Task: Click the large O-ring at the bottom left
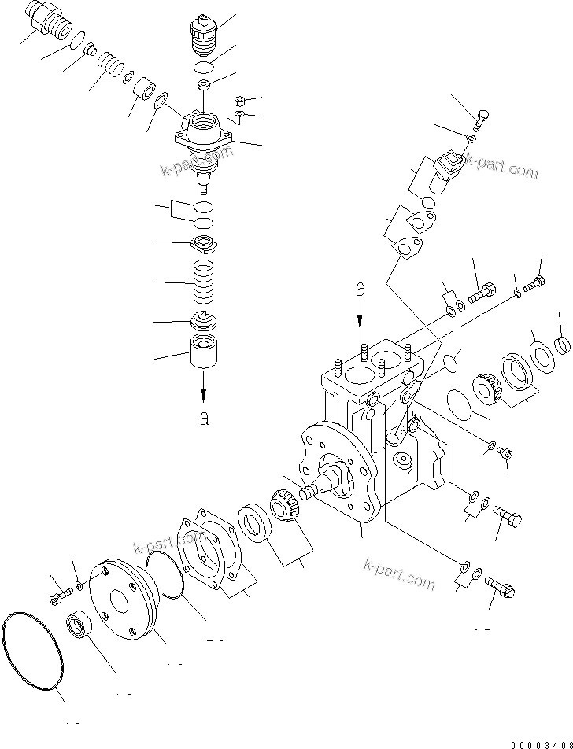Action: tap(32, 652)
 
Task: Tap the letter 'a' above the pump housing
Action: tap(361, 290)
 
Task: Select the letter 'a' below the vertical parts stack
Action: tap(204, 417)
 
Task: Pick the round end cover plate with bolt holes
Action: tap(122, 600)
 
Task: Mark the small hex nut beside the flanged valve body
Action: tap(240, 101)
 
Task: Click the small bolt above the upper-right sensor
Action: tap(481, 120)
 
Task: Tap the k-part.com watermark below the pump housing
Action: tap(399, 574)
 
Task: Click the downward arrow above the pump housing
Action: tap(361, 315)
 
